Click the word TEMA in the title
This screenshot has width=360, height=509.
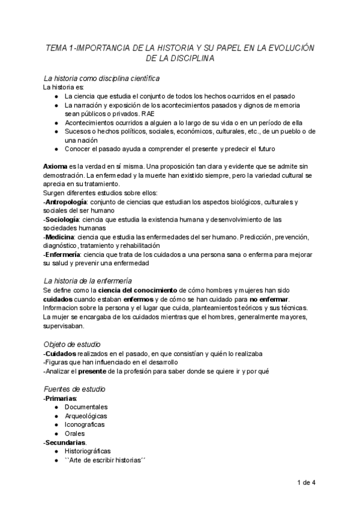click(x=57, y=48)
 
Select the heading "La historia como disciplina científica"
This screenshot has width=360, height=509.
click(x=101, y=78)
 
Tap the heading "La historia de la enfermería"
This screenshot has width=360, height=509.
click(x=88, y=280)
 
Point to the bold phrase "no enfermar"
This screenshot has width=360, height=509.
click(x=269, y=299)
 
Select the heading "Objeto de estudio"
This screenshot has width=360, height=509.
click(x=71, y=344)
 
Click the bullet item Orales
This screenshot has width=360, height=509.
click(x=75, y=433)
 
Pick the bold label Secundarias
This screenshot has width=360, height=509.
click(x=65, y=442)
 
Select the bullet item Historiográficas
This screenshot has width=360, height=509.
click(x=88, y=451)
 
